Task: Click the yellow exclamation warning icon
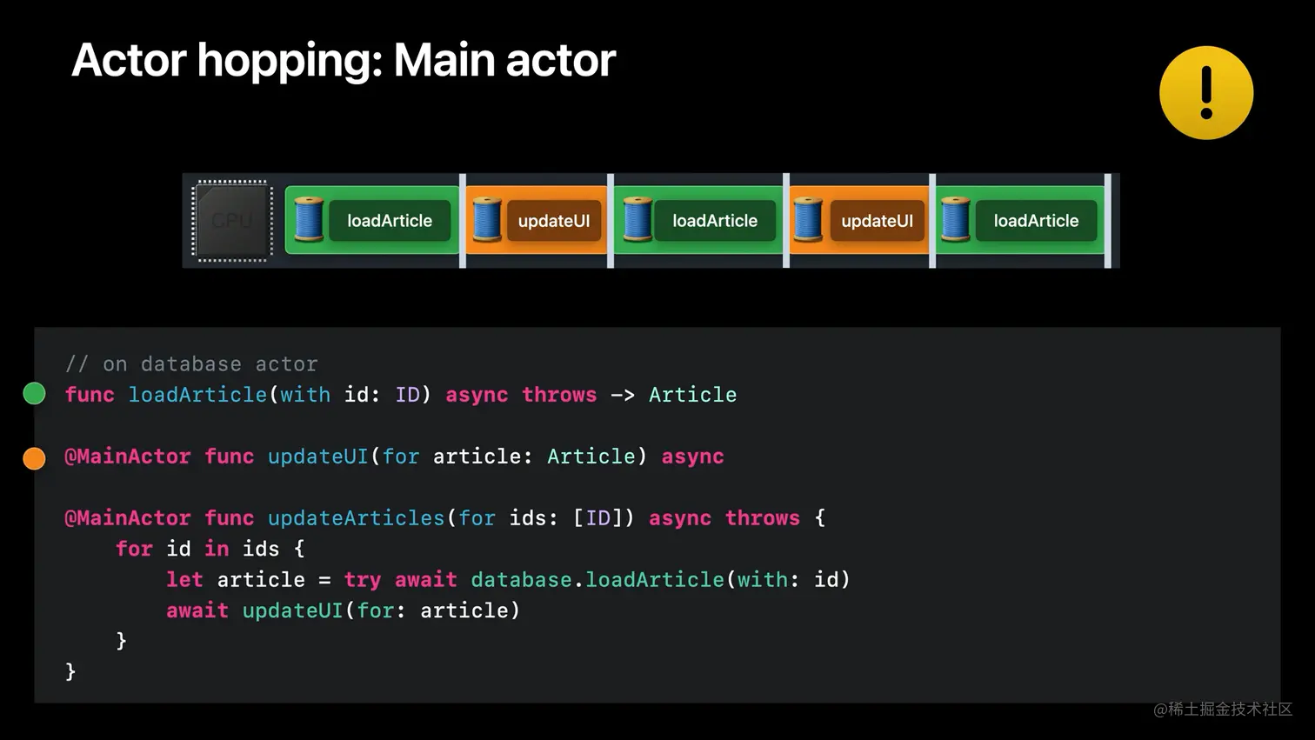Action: click(1205, 93)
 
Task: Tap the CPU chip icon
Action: click(232, 221)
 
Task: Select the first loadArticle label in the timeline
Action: click(390, 221)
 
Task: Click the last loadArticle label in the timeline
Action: click(1036, 221)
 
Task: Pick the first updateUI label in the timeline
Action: click(554, 221)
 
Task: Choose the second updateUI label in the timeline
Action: click(877, 221)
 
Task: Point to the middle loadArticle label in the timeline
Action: click(715, 221)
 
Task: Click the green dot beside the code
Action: click(34, 394)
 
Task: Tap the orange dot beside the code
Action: click(34, 457)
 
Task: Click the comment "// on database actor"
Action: click(191, 363)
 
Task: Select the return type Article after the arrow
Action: click(692, 395)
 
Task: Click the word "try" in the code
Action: click(362, 580)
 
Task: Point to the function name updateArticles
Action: click(356, 518)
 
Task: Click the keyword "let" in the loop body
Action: click(184, 580)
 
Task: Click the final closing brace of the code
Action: click(70, 671)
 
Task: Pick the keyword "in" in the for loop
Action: click(217, 549)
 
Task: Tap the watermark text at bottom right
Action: click(1223, 710)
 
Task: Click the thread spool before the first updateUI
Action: click(486, 220)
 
